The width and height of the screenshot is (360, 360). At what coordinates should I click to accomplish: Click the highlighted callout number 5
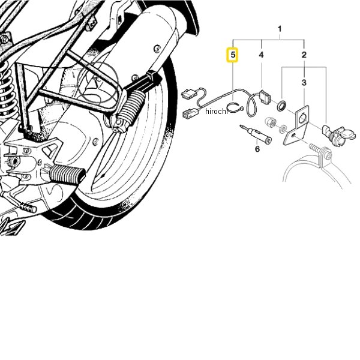coord(233,55)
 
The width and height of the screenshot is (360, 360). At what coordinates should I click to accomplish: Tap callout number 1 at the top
coord(280,29)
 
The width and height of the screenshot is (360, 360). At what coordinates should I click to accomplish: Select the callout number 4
coord(261,55)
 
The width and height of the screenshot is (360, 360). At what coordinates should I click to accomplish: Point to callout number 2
coord(304,55)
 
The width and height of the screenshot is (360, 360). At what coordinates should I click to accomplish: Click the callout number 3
coord(304,82)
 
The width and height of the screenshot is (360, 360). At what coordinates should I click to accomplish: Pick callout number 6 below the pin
coord(257,149)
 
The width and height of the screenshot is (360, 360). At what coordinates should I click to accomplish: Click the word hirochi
coord(216,112)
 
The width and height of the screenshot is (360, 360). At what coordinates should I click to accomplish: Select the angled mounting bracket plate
coord(296,125)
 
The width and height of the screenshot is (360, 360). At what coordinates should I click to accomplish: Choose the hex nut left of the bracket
coord(270,122)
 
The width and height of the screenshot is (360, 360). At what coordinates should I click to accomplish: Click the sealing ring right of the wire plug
coord(281,106)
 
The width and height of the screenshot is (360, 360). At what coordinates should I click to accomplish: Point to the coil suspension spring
coord(7,89)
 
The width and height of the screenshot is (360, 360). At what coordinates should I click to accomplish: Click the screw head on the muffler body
coord(157,49)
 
